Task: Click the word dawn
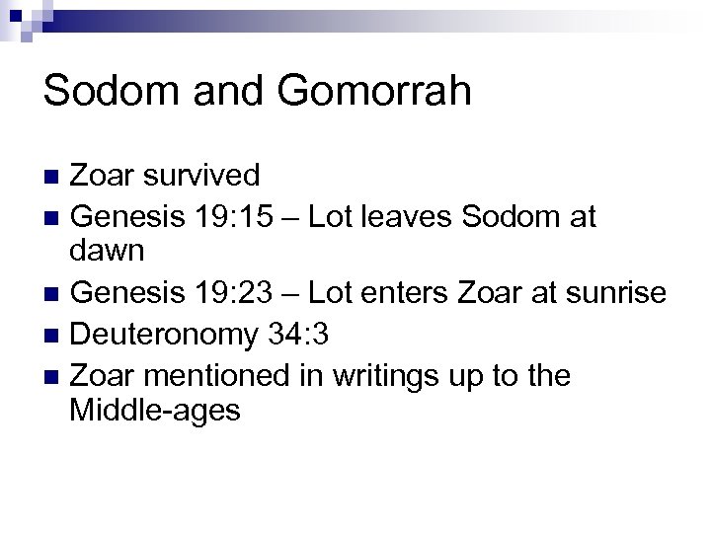(109, 253)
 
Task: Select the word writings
(375, 373)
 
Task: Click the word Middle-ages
(155, 411)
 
